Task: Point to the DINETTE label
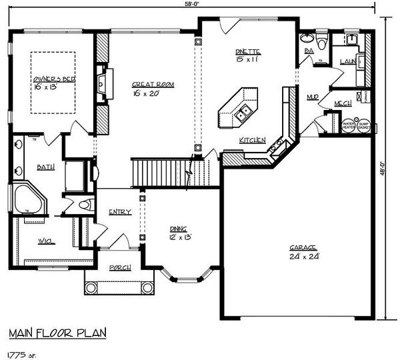coord(247,51)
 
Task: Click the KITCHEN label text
coord(253,140)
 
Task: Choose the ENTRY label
coord(120,212)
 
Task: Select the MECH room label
coord(343,103)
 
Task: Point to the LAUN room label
coord(347,61)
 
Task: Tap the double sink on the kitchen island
coord(243,113)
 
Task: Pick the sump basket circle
coord(364,125)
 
